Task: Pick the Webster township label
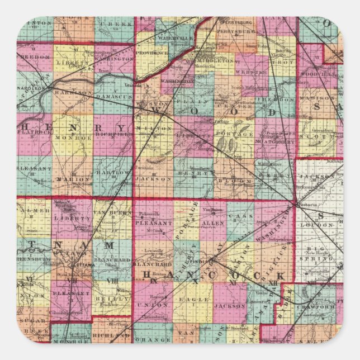(x=246, y=72)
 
